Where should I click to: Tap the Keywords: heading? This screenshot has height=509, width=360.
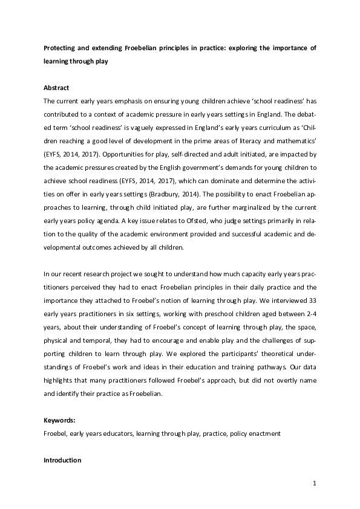(59, 420)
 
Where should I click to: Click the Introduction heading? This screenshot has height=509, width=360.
(62, 460)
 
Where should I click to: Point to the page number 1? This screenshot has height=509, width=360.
(315, 484)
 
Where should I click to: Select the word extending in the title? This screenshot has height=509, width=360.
(108, 47)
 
